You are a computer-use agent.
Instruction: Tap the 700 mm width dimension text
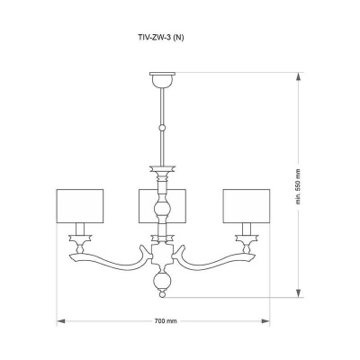[163, 320]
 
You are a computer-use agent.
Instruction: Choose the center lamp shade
[163, 205]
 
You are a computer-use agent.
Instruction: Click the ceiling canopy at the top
[163, 80]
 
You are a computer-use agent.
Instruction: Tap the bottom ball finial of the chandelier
[163, 287]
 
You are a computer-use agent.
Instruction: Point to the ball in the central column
[163, 211]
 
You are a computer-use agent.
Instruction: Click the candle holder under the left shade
[81, 238]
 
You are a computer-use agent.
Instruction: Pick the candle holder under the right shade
[245, 238]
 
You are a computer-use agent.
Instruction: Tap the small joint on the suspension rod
[163, 125]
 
